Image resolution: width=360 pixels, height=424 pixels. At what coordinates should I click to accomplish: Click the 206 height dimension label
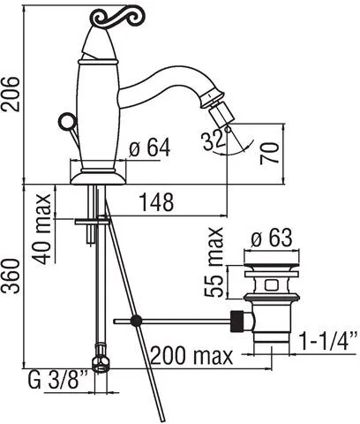pyautogui.click(x=11, y=94)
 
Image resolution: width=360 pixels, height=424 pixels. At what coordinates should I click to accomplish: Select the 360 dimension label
pyautogui.click(x=11, y=276)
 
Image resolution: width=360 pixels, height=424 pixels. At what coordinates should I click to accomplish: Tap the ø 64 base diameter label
pyautogui.click(x=149, y=148)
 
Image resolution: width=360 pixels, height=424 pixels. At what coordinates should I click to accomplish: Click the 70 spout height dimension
pyautogui.click(x=269, y=153)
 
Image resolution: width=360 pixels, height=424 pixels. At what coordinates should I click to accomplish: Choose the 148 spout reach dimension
pyautogui.click(x=156, y=202)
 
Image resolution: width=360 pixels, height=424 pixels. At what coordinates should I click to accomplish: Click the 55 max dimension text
pyautogui.click(x=214, y=262)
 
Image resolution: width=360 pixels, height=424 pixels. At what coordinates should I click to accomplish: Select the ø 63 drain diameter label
pyautogui.click(x=272, y=237)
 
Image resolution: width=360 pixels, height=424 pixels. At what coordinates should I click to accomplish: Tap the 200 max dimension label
pyautogui.click(x=191, y=355)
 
